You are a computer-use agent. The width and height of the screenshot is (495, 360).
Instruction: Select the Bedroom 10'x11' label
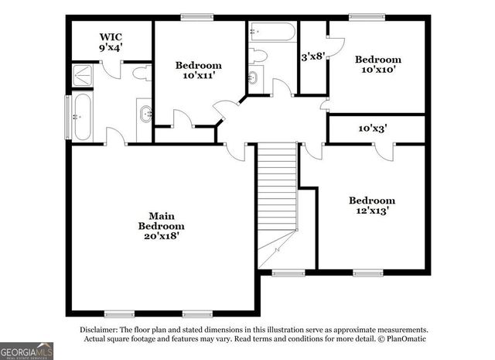pos(198,70)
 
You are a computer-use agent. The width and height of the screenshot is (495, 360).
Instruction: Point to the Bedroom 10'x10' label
pos(377,64)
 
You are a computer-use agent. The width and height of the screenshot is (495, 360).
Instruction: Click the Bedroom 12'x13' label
pos(371,205)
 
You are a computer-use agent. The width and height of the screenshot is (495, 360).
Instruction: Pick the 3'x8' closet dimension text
pos(312,57)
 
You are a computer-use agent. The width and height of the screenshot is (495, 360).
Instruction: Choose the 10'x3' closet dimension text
pos(372,129)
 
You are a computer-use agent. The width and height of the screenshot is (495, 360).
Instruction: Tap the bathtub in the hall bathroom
pos(271,33)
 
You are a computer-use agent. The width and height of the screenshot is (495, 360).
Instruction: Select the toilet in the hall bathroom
pos(258,55)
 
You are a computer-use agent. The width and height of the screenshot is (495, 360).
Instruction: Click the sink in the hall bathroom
pos(254,77)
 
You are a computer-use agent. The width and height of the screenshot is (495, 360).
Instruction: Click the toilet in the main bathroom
pos(141,74)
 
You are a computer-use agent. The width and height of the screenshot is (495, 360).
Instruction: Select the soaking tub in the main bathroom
pos(81,117)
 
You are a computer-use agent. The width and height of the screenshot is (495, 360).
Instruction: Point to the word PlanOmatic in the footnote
pos(403,338)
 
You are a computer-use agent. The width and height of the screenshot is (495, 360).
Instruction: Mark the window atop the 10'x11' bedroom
pos(197,17)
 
